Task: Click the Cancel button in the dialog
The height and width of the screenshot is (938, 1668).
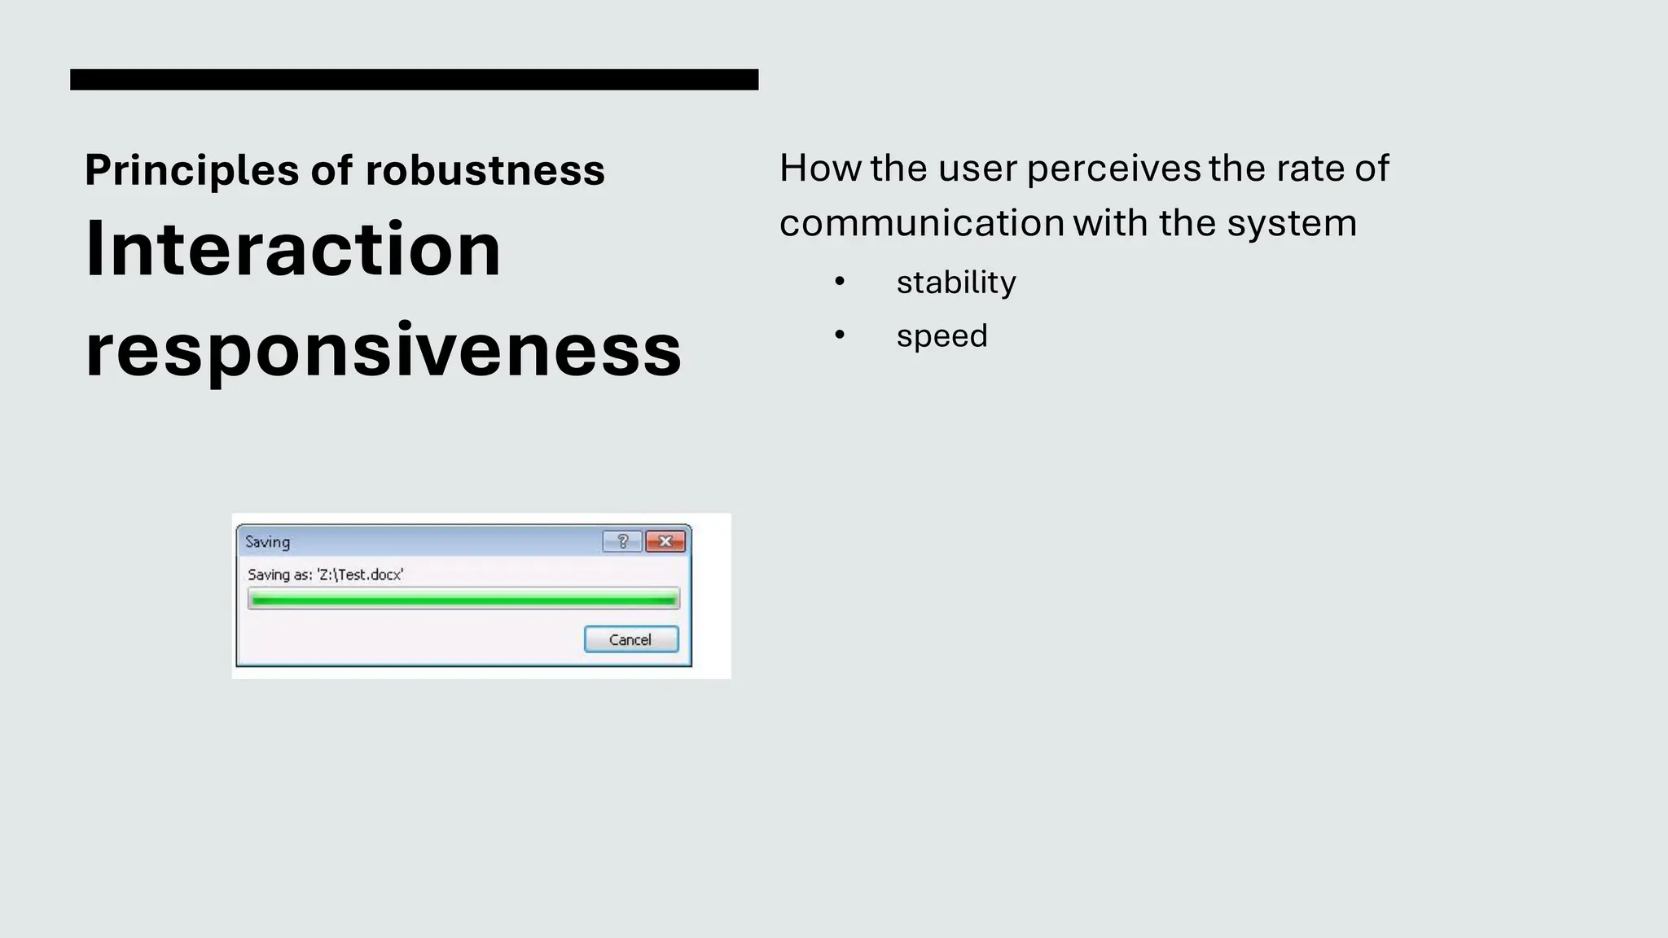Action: pyautogui.click(x=630, y=639)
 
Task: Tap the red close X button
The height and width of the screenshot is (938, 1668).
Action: pyautogui.click(x=665, y=541)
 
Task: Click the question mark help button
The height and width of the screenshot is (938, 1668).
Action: pyautogui.click(x=623, y=541)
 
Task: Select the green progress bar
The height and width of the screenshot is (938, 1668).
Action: pyautogui.click(x=463, y=600)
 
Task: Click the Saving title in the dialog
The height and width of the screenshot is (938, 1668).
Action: pyautogui.click(x=267, y=541)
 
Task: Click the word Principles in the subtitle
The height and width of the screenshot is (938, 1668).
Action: pyautogui.click(x=191, y=170)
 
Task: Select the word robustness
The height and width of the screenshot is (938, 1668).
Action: pyautogui.click(x=485, y=170)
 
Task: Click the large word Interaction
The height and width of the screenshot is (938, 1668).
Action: pyautogui.click(x=292, y=249)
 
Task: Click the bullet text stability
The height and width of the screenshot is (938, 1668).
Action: pyautogui.click(x=955, y=283)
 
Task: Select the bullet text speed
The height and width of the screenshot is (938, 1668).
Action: pyautogui.click(x=942, y=335)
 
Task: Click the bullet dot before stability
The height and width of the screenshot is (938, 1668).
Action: pyautogui.click(x=840, y=282)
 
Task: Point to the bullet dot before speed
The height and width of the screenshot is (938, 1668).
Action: pyautogui.click(x=840, y=335)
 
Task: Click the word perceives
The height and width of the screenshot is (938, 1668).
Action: pyautogui.click(x=1113, y=169)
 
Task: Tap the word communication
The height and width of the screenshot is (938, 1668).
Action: pyautogui.click(x=921, y=223)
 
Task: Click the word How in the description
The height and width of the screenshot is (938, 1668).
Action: pyautogui.click(x=819, y=169)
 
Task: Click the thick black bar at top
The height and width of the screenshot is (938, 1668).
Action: pyautogui.click(x=414, y=79)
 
